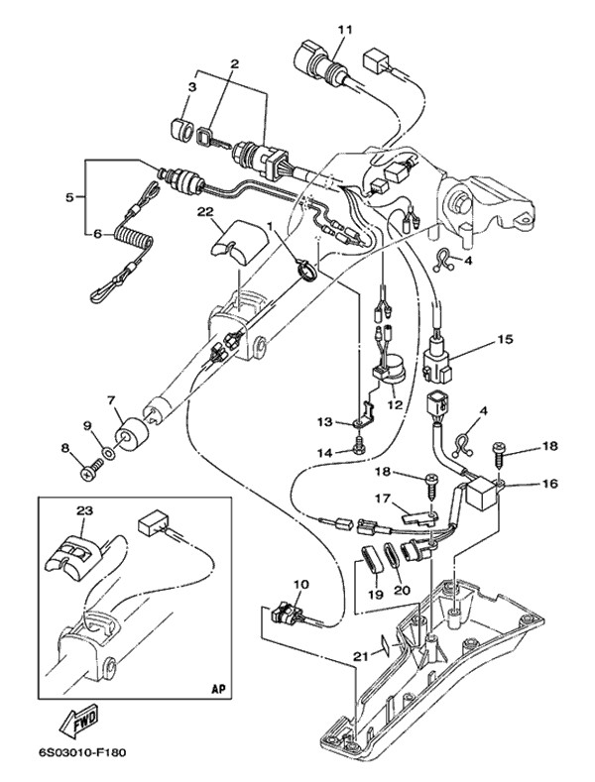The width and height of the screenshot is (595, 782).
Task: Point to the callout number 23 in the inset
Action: pyautogui.click(x=83, y=510)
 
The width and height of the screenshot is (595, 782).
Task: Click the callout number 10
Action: pyautogui.click(x=301, y=585)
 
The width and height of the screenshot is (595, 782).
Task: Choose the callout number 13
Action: pyautogui.click(x=325, y=422)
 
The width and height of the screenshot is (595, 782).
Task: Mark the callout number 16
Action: pyautogui.click(x=549, y=484)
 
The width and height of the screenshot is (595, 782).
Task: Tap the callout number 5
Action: pyautogui.click(x=69, y=197)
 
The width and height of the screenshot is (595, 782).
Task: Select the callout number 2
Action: pyautogui.click(x=235, y=64)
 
